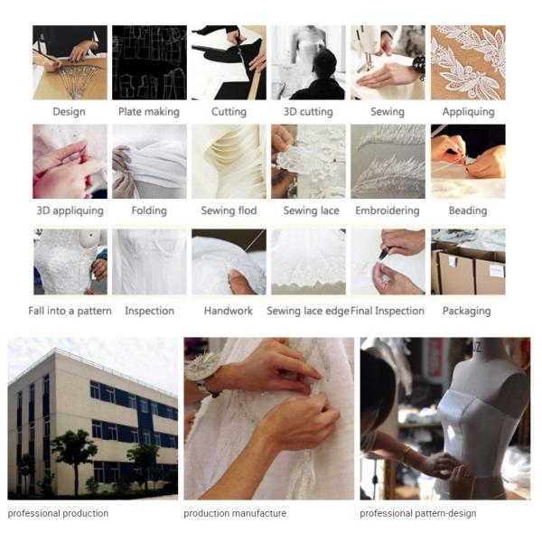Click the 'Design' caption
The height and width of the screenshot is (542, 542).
pos(70,112)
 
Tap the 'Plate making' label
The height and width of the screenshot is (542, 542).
pos(149,112)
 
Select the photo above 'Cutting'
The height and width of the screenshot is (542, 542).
pos(229,62)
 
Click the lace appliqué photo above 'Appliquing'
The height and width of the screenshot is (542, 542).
pos(468,62)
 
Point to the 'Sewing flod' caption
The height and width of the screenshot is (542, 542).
pos(229,210)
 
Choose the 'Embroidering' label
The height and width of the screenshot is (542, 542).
pos(388,210)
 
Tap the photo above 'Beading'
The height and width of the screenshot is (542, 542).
pos(468,162)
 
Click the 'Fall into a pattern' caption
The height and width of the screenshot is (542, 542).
pos(70,311)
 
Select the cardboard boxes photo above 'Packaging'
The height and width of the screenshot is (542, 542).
pos(468,262)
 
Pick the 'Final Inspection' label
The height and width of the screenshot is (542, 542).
pos(388,311)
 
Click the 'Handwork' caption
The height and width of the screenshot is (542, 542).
pos(229,311)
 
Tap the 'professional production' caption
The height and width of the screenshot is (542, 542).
pos(58,513)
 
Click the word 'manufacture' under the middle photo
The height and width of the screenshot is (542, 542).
pos(259,513)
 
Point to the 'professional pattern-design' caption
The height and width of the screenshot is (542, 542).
pos(418,513)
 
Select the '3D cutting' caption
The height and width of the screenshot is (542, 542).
pos(308,112)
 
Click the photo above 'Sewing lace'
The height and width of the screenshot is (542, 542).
pos(308,162)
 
